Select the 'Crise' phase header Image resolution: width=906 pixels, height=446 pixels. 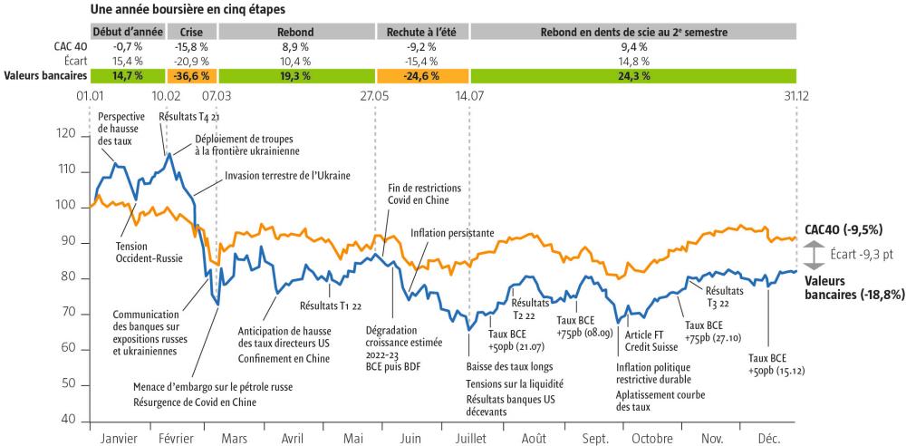point(179,32)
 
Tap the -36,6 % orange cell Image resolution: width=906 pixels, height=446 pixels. point(179,76)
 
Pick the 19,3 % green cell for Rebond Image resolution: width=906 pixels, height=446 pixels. point(296,76)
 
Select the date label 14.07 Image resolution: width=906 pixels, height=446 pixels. point(469,95)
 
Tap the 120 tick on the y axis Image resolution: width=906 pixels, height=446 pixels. point(68,135)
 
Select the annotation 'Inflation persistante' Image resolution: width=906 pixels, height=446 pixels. point(451,233)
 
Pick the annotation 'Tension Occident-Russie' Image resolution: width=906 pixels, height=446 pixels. point(149,252)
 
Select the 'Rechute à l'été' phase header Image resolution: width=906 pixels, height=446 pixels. point(421,32)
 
